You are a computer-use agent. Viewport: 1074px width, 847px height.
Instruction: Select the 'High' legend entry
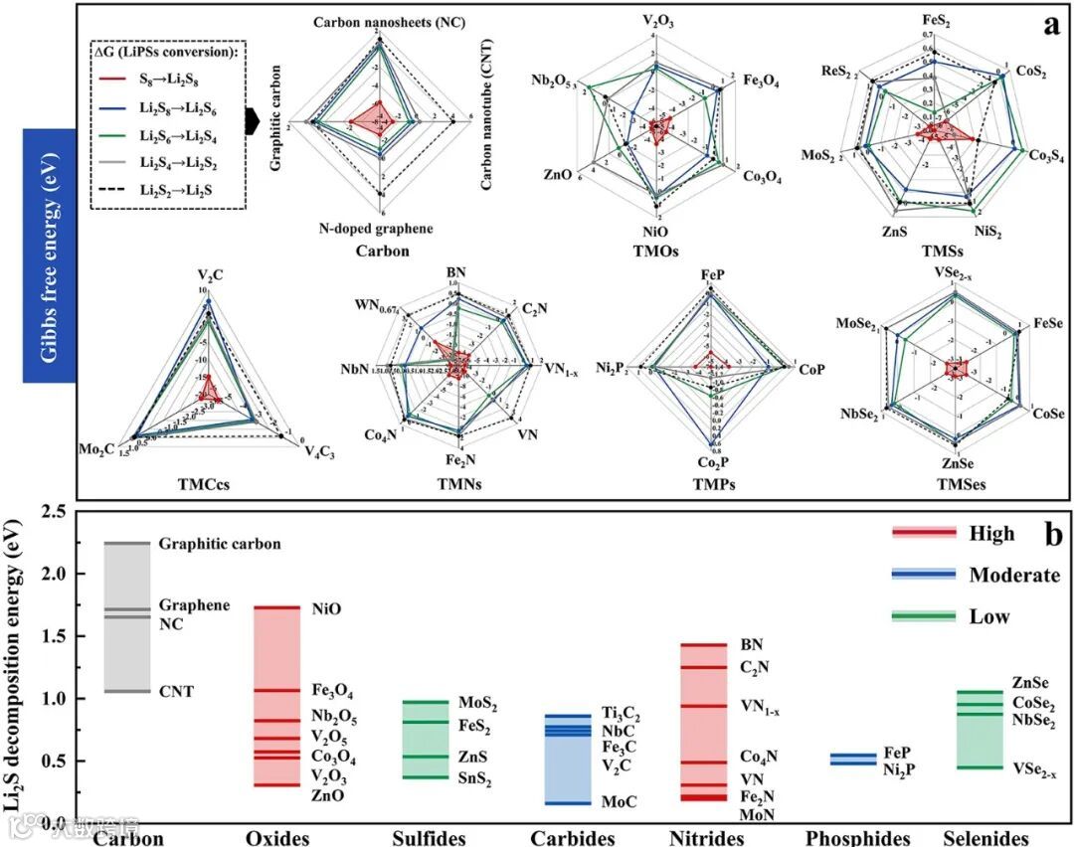coord(991,534)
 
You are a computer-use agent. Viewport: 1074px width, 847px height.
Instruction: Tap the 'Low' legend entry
coord(988,616)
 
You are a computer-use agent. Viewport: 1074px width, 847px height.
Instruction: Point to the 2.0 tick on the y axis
coord(62,575)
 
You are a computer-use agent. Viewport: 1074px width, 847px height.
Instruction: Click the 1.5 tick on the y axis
coord(62,636)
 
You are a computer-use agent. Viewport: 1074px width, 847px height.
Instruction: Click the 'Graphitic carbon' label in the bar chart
coord(220,544)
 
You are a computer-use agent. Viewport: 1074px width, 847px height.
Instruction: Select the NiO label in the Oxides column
coord(326,608)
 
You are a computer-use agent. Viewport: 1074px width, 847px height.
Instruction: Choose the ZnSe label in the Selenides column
coord(1032,683)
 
